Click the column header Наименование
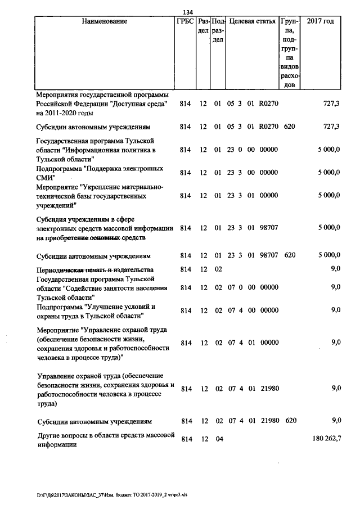coord(104,21)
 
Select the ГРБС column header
coord(185,21)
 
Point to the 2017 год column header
coord(321,21)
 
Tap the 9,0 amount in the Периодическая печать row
coord(336,269)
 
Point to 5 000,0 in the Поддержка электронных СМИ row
coord(328,173)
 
